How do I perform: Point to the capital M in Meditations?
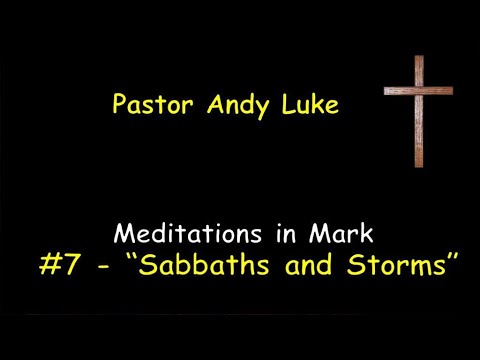pyautogui.click(x=126, y=234)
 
